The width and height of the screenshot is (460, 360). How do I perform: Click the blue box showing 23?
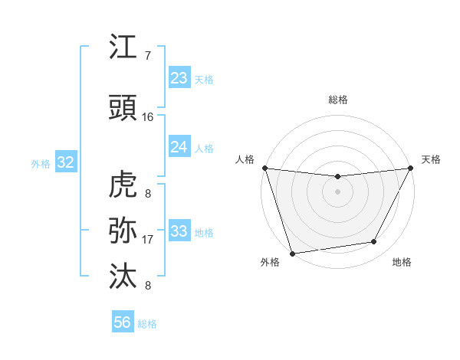click(x=179, y=78)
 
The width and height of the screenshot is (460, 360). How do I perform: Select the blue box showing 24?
click(x=179, y=147)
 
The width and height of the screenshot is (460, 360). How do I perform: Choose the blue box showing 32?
click(x=65, y=162)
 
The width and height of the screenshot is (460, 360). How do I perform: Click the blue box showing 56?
click(x=123, y=322)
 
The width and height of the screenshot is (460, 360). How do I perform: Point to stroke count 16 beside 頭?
click(x=148, y=117)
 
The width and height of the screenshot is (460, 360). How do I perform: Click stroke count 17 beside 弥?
click(x=148, y=240)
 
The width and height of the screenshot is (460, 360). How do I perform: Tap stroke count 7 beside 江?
click(x=147, y=56)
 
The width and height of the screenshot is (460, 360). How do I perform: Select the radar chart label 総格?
click(x=338, y=100)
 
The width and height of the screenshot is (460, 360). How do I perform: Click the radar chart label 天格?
click(x=432, y=159)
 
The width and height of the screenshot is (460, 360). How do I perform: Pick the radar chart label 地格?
click(x=402, y=263)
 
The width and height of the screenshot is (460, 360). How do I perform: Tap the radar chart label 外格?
click(x=270, y=263)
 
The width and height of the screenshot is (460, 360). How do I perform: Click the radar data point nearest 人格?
click(x=264, y=168)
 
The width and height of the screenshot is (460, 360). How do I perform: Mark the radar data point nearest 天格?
click(x=411, y=168)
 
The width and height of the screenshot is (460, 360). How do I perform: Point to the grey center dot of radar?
click(x=337, y=191)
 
